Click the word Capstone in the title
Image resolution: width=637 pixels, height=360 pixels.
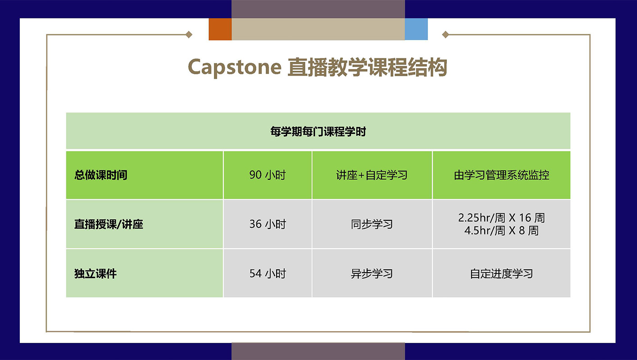(234, 68)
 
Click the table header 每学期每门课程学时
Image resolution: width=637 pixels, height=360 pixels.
(318, 132)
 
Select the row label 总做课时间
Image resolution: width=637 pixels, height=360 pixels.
(101, 175)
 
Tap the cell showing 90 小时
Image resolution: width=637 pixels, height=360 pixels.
(267, 175)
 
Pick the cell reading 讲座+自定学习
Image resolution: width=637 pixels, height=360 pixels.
(372, 175)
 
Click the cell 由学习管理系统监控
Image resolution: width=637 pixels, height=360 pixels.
(501, 175)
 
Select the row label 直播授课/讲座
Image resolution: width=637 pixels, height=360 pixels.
(109, 224)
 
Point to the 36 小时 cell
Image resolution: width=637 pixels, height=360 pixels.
(267, 224)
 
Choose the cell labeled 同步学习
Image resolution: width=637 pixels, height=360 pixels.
(372, 224)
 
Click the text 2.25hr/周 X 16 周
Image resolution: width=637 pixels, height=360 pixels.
(501, 218)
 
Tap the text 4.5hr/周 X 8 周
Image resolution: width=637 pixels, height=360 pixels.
(501, 231)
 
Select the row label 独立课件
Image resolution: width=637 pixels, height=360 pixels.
(96, 273)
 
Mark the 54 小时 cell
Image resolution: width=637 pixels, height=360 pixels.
(267, 273)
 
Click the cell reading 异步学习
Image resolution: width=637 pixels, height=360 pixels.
(372, 273)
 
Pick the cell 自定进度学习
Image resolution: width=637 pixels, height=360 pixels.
(501, 273)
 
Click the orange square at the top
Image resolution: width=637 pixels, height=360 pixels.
(220, 29)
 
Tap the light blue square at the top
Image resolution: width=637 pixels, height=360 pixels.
(416, 29)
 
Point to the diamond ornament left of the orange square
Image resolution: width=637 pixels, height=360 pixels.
(189, 35)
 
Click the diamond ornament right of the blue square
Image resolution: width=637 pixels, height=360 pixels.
(445, 35)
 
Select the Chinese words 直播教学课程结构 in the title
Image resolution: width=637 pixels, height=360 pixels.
(367, 68)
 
